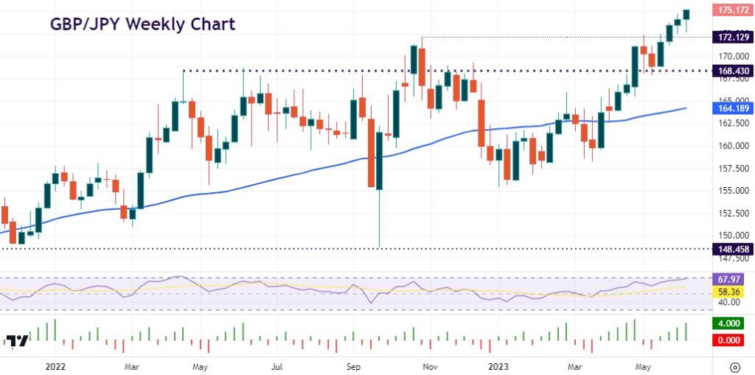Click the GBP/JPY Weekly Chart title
coord(142,24)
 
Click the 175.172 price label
coord(731,10)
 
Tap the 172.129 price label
coord(731,37)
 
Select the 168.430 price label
coord(731,71)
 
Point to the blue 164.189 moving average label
coord(731,108)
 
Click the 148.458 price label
coord(731,249)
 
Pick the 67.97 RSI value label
coord(731,279)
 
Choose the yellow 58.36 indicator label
coord(731,292)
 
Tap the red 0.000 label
coord(731,340)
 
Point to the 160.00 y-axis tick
coord(731,146)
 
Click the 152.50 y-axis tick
coord(731,214)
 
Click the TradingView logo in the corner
coord(18,340)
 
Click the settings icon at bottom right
coord(734,366)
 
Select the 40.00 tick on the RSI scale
coord(731,302)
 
